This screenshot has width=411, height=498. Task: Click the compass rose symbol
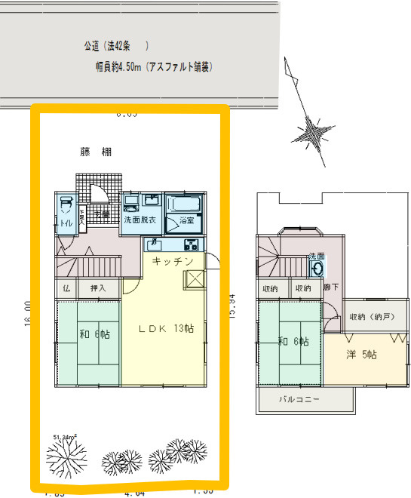click(311, 135)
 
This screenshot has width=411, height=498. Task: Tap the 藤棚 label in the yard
click(97, 152)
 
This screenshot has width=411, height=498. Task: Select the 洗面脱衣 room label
click(140, 220)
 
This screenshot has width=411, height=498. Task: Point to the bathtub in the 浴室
click(185, 204)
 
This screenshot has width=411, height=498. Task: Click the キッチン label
click(173, 261)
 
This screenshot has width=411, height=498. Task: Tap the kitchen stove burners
click(190, 244)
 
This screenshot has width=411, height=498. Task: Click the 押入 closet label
click(98, 288)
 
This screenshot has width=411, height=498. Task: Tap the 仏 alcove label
click(66, 288)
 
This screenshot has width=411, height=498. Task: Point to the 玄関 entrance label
click(103, 214)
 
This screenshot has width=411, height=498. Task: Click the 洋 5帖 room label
click(362, 355)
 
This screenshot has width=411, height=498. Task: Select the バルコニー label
click(299, 398)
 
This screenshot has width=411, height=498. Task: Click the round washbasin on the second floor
click(317, 268)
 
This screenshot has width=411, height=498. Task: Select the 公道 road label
click(95, 46)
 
